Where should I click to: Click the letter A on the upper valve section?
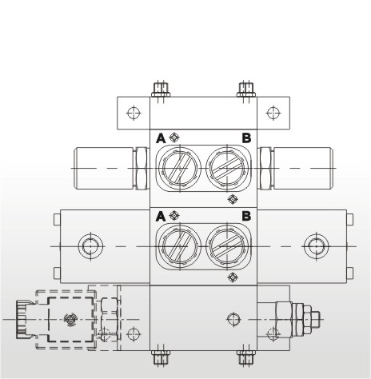pos(161,138)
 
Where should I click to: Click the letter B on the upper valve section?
pos(246,138)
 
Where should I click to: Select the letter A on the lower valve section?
pos(161,216)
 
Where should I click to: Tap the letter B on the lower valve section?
pos(246,216)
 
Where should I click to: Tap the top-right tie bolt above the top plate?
pos(246,89)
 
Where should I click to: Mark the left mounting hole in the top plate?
pos(134,112)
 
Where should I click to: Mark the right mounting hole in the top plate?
pos(273,112)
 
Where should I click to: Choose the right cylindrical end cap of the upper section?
pos(302,168)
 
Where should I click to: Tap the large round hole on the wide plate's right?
pos(314,245)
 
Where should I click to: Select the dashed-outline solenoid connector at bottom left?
pos(70,319)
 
